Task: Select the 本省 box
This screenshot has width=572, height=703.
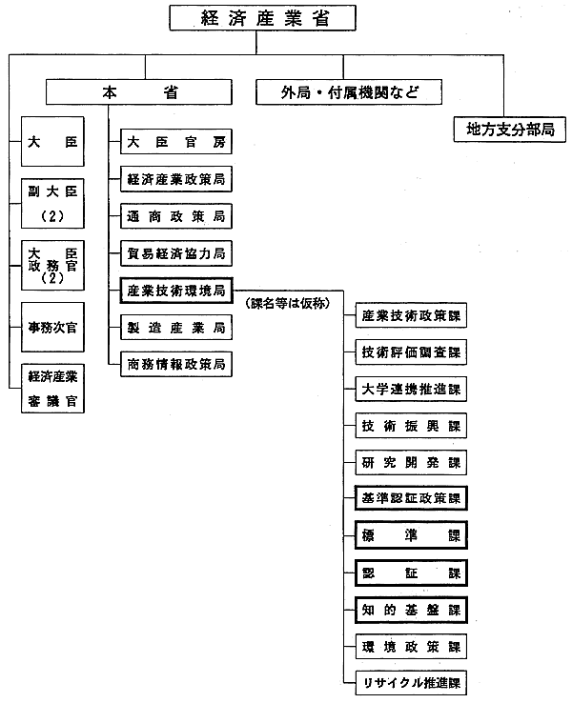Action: [142, 92]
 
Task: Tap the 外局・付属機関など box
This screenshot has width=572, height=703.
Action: [350, 92]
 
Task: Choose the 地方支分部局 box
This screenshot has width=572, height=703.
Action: [510, 129]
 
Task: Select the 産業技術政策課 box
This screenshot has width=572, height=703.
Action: [412, 315]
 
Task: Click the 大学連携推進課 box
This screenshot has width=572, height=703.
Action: [412, 389]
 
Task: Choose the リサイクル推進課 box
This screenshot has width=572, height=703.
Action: [412, 682]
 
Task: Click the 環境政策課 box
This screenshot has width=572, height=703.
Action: [412, 646]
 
